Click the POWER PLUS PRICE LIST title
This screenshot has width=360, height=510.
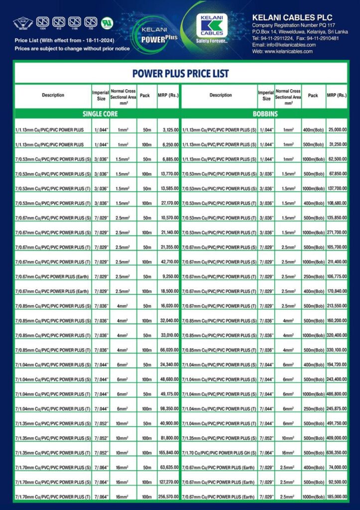click(x=180, y=74)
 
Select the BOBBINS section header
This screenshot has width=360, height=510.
click(x=264, y=114)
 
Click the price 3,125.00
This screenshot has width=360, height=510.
click(x=167, y=129)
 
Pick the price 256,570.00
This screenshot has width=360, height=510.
click(x=166, y=497)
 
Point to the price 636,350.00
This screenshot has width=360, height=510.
click(x=336, y=453)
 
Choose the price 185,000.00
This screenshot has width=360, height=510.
click(x=336, y=497)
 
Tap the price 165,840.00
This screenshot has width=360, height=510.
click(x=166, y=453)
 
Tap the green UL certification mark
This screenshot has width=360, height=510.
click(x=106, y=22)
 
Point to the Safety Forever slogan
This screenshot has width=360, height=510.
click(x=212, y=41)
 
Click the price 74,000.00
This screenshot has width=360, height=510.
click(x=337, y=468)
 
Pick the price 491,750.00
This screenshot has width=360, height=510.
click(x=336, y=423)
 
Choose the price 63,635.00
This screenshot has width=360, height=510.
click(x=167, y=468)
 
